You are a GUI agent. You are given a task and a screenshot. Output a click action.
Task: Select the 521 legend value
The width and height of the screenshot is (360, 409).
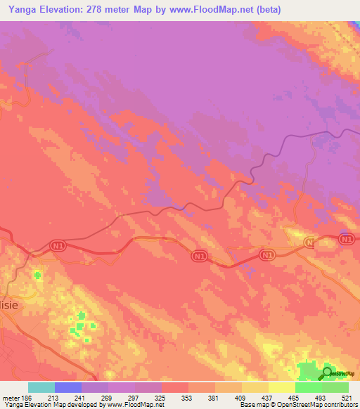(x=347, y=398)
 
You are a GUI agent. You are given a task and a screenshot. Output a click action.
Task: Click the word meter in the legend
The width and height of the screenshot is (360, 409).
(x=10, y=398)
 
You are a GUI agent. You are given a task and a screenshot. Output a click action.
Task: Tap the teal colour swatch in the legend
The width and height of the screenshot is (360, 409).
(x=41, y=387)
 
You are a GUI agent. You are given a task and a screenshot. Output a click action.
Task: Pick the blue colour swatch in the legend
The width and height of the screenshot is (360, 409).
(x=68, y=387)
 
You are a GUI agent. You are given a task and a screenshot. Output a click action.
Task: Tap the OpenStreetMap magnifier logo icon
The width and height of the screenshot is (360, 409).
(x=327, y=372)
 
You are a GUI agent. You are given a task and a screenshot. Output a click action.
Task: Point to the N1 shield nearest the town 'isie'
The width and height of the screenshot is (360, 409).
(x=58, y=245)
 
